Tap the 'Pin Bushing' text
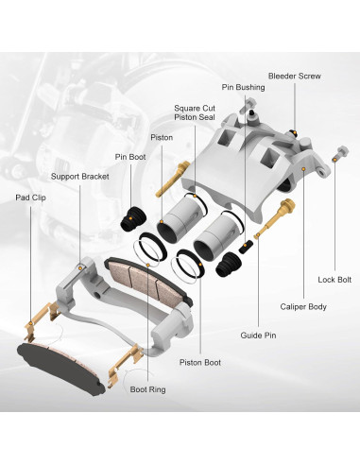(244, 87)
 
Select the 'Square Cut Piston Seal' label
(195, 114)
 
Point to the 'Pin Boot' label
(130, 157)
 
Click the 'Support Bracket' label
(81, 177)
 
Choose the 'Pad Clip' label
(30, 198)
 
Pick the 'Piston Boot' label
(200, 361)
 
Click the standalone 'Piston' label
(162, 137)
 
